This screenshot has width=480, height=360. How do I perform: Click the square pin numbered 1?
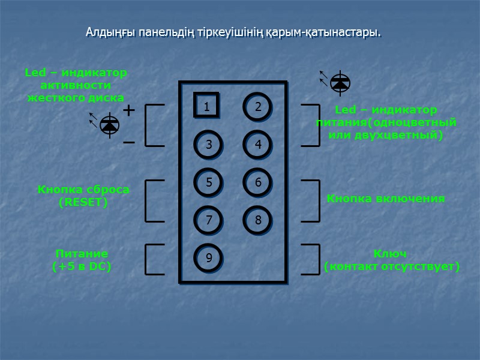[x=206, y=106]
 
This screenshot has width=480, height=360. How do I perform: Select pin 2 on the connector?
[x=257, y=107]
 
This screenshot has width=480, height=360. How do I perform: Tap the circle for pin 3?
[x=208, y=145]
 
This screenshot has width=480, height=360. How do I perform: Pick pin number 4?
[x=257, y=145]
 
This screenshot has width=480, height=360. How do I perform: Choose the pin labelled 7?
[x=208, y=220]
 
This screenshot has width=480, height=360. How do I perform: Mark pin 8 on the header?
[x=257, y=220]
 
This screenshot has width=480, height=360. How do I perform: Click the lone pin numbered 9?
[x=208, y=258]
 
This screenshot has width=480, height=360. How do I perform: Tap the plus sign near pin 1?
[x=128, y=111]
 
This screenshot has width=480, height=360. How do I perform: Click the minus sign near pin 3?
[x=128, y=143]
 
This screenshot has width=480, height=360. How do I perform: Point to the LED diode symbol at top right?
[x=340, y=83]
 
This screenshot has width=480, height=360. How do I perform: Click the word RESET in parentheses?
[x=83, y=203]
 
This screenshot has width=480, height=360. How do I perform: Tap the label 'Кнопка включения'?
[x=385, y=199]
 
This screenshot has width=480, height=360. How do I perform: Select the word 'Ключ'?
[x=390, y=253]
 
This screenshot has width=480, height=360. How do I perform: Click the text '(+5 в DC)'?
[x=82, y=266]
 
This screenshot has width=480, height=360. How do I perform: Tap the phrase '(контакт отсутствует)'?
[x=392, y=266]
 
